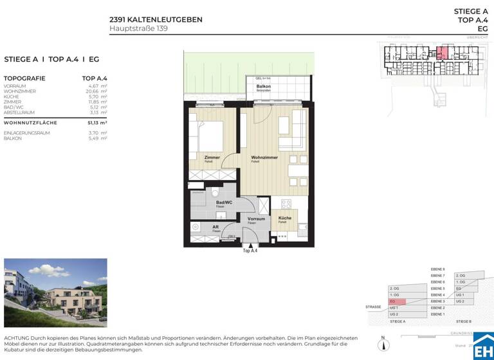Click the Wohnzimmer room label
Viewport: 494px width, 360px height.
[264, 157]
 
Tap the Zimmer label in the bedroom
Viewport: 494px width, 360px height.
[212, 157]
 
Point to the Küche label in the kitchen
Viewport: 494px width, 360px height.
[284, 218]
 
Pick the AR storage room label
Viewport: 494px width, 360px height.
[215, 226]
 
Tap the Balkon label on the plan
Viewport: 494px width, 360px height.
[264, 86]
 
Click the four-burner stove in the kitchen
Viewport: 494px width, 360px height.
[282, 237]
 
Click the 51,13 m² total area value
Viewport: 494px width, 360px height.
[97, 122]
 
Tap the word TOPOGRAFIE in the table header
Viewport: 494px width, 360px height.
[24, 77]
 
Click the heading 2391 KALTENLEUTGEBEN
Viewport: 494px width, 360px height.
[156, 19]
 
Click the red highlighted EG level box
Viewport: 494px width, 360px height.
[397, 301]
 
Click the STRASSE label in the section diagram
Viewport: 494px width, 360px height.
[374, 307]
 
